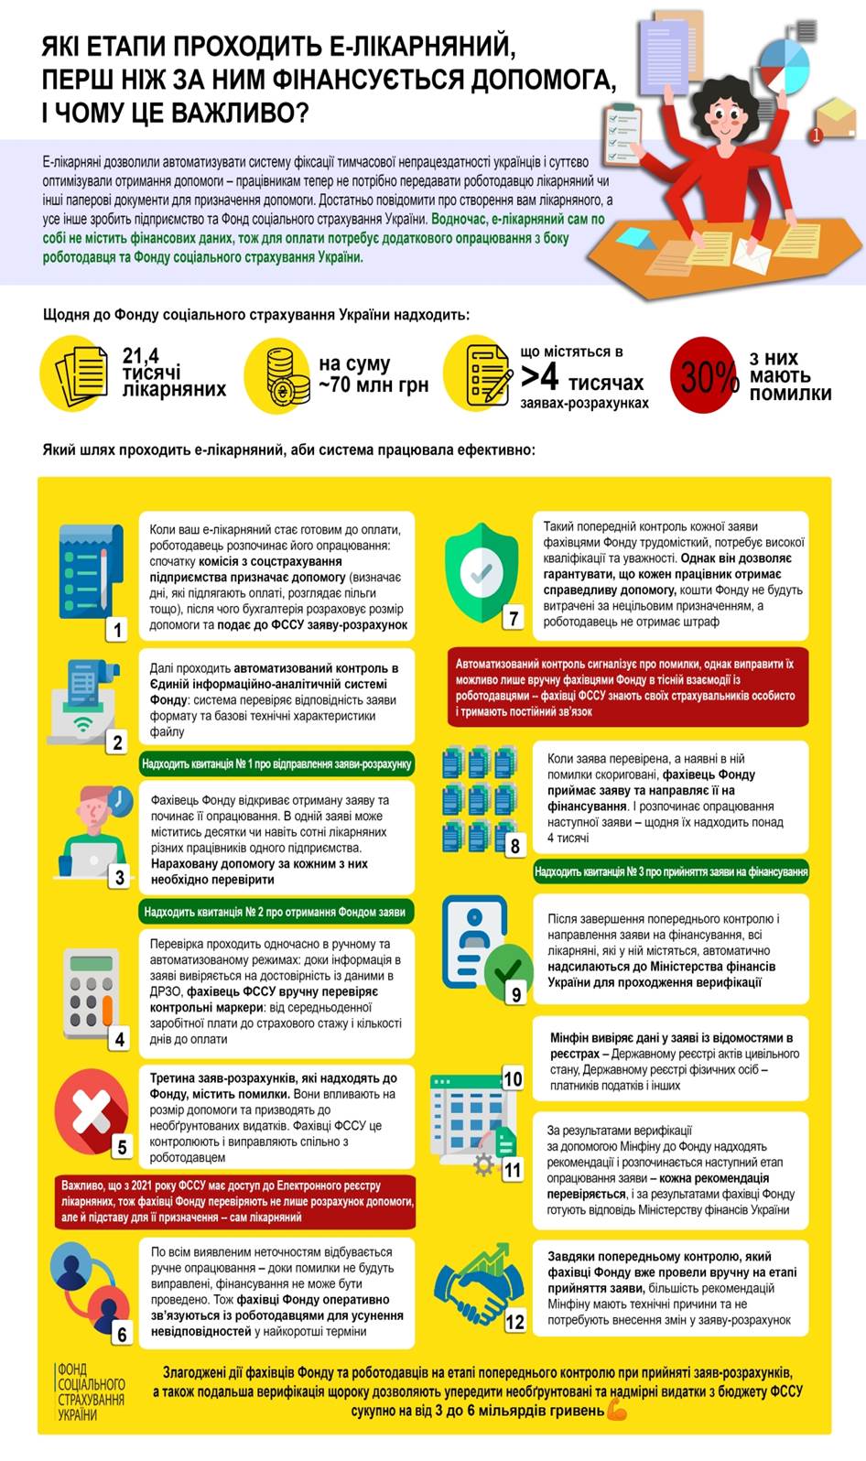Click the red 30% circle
(x=705, y=374)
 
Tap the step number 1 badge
(x=117, y=629)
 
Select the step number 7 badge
(x=514, y=618)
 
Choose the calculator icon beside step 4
(x=88, y=994)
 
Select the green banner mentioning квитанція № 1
(x=276, y=763)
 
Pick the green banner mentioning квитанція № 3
(x=670, y=871)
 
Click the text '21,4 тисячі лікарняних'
(x=174, y=373)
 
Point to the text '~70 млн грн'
(x=373, y=385)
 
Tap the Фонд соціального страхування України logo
(x=90, y=1391)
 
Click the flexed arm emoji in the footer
(x=617, y=1411)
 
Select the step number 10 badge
(x=513, y=1078)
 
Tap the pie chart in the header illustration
(x=785, y=64)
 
